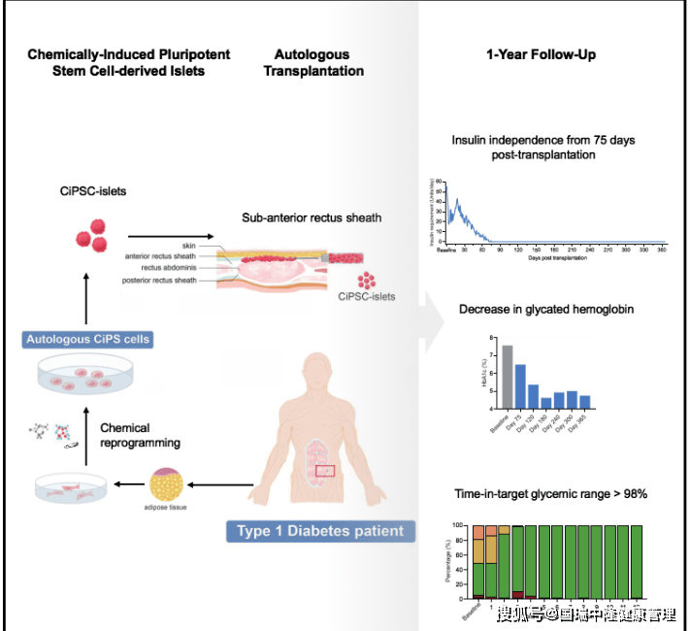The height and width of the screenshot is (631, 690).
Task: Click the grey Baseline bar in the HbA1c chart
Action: [x=507, y=379]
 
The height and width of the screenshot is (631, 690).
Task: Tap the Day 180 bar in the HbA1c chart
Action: [x=546, y=404]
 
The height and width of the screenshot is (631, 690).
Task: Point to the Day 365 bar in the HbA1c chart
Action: [x=585, y=403]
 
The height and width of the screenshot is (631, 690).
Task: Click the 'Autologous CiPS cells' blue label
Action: [x=87, y=340]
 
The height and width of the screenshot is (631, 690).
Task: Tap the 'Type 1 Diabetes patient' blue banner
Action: [x=320, y=531]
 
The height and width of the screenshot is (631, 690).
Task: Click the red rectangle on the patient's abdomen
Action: [x=324, y=471]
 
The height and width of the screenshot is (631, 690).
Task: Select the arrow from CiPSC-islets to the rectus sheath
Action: [x=164, y=236]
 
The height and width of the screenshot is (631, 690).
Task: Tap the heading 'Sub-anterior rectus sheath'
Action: [x=312, y=217]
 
